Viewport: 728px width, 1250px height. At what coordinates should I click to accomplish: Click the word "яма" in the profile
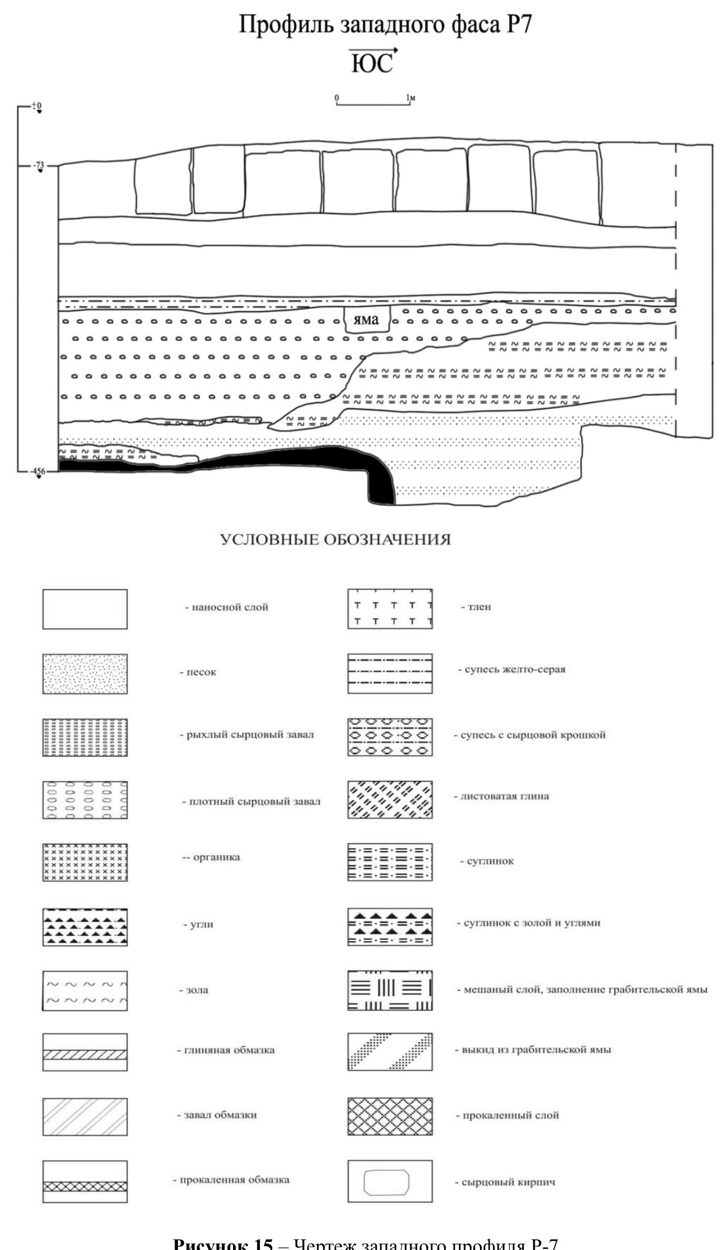[x=366, y=320]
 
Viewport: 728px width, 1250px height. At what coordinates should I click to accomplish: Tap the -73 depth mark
[x=39, y=166]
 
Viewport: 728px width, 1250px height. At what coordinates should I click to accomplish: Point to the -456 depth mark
[x=38, y=471]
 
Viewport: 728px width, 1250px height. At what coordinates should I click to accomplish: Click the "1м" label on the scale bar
[x=411, y=97]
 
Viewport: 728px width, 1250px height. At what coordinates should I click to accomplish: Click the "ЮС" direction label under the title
[x=372, y=63]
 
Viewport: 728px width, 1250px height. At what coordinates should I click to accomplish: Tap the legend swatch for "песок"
[x=85, y=673]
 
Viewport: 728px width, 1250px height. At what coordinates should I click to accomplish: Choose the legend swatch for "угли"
[x=85, y=927]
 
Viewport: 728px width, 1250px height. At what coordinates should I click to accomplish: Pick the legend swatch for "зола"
[x=85, y=990]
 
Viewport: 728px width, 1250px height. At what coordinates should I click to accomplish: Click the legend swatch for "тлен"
[x=389, y=609]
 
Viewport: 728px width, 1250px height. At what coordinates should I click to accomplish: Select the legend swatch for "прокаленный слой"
[x=389, y=1116]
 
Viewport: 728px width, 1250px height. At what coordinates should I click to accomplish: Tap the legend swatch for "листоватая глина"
[x=389, y=799]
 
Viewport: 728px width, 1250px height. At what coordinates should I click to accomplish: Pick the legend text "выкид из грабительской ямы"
[x=536, y=1050]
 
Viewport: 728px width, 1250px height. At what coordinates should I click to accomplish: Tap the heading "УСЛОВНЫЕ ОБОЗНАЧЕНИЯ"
[x=335, y=539]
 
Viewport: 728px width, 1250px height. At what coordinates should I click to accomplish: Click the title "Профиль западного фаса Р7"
[x=385, y=25]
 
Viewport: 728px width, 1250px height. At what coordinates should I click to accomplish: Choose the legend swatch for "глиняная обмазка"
[x=85, y=1052]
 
